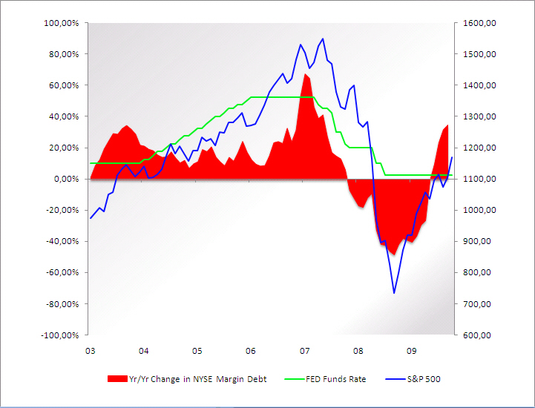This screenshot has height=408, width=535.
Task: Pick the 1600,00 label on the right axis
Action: (x=478, y=23)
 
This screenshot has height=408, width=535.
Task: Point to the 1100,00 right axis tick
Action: (x=478, y=179)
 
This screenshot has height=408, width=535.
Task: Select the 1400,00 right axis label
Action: (x=478, y=85)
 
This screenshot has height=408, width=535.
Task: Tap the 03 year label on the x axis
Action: (x=90, y=351)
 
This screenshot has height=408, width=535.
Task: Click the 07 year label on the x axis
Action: (x=304, y=351)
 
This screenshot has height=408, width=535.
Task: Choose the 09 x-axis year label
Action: (x=411, y=351)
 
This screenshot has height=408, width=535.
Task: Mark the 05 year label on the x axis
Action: (x=197, y=351)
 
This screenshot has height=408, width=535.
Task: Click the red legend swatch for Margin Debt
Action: (x=117, y=379)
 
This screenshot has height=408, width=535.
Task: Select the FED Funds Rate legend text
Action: (x=336, y=379)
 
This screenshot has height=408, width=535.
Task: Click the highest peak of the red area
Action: (x=305, y=73)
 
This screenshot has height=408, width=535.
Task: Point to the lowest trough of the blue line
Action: (x=394, y=293)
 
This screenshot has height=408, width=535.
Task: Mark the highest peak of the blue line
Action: (x=323, y=39)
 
